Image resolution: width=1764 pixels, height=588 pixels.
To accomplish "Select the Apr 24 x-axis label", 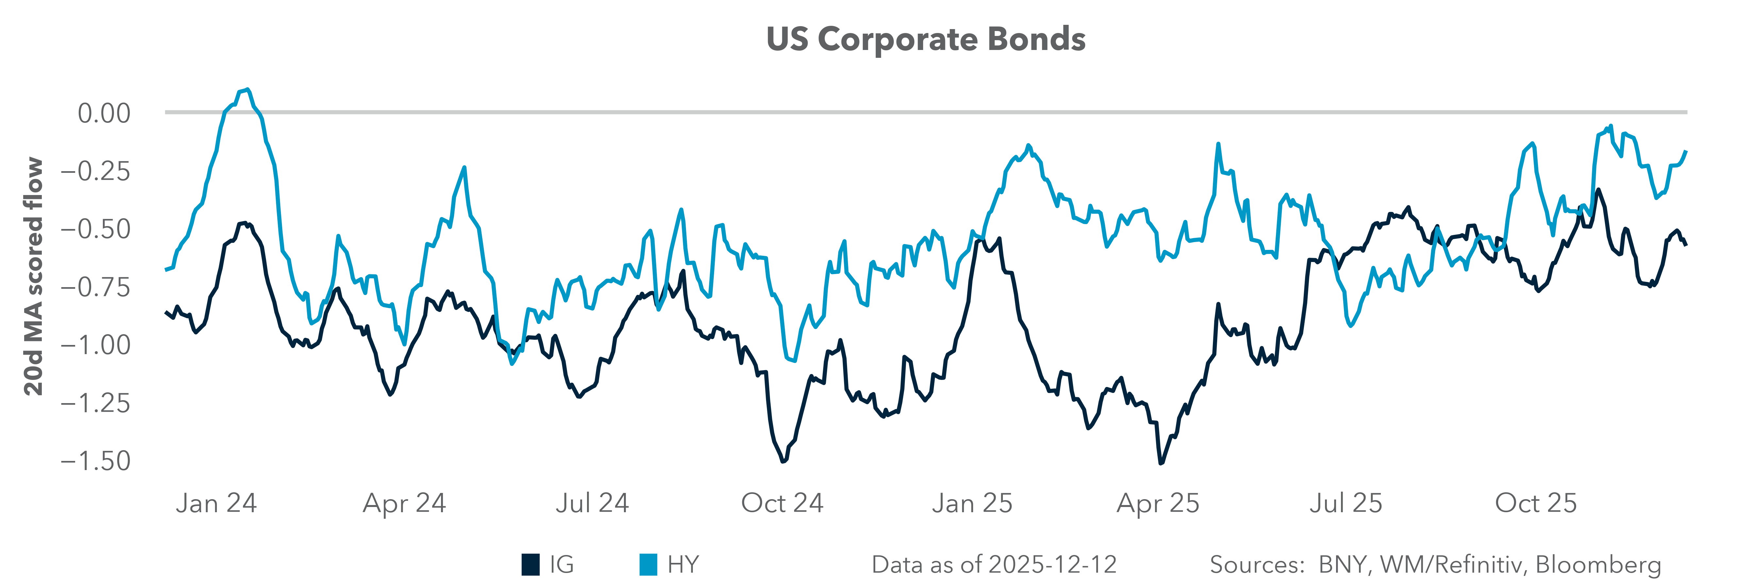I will (404, 503).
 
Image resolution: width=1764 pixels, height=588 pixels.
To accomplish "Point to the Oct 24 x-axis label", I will (782, 503).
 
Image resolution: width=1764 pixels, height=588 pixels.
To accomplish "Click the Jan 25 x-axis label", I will (972, 503).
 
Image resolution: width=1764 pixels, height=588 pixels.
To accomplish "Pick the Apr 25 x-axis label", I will (1158, 503).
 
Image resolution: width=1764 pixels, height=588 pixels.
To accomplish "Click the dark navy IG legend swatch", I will (530, 565).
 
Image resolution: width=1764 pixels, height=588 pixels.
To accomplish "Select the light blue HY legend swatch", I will (648, 565).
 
